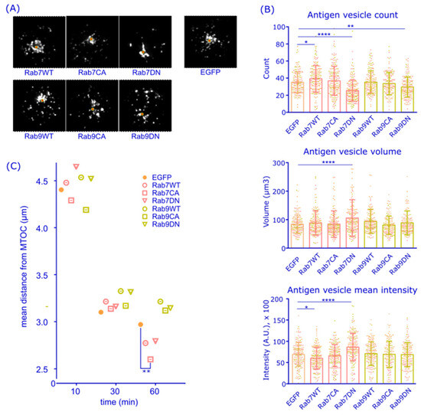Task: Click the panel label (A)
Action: (12, 7)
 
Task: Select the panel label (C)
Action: (12, 165)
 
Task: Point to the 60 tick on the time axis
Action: (155, 391)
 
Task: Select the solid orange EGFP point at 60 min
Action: (140, 325)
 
